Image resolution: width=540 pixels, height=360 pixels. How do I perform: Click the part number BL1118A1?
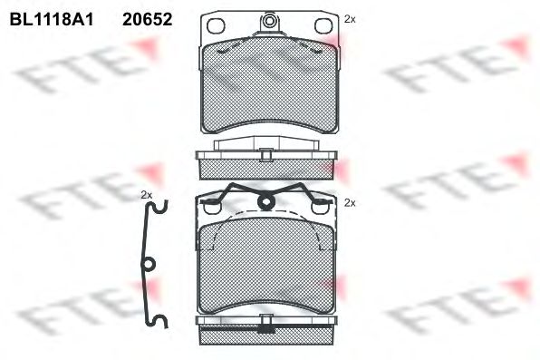click(52, 20)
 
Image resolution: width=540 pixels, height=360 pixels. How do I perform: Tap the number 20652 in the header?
click(148, 20)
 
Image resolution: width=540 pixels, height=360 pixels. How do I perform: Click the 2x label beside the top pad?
click(350, 20)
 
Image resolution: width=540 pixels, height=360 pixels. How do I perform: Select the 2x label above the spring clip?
click(147, 195)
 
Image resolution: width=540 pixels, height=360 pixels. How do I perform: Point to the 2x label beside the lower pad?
click(350, 203)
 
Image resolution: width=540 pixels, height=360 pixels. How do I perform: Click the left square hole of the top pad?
click(216, 26)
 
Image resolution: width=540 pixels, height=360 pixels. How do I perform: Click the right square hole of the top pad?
click(323, 26)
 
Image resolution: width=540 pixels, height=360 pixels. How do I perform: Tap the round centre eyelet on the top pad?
click(269, 21)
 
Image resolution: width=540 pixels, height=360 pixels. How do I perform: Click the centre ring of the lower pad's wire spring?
click(266, 201)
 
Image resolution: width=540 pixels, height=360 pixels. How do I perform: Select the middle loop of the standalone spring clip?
click(148, 265)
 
